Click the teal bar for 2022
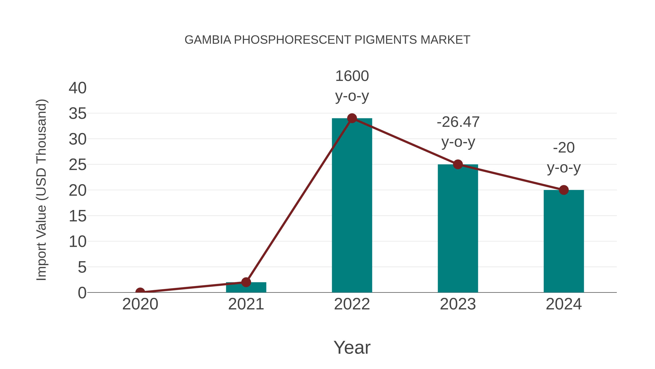tap(352, 209)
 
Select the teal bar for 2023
tap(458, 229)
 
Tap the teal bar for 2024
tap(564, 242)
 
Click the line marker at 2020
tap(140, 292)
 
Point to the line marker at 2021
tap(246, 282)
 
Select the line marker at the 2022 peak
tap(352, 118)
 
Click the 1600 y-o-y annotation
tap(352, 86)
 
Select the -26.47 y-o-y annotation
tap(458, 132)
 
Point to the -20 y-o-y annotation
tap(564, 158)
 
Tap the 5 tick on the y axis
tap(82, 267)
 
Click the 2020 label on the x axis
tap(140, 304)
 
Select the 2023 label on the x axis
tap(458, 304)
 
